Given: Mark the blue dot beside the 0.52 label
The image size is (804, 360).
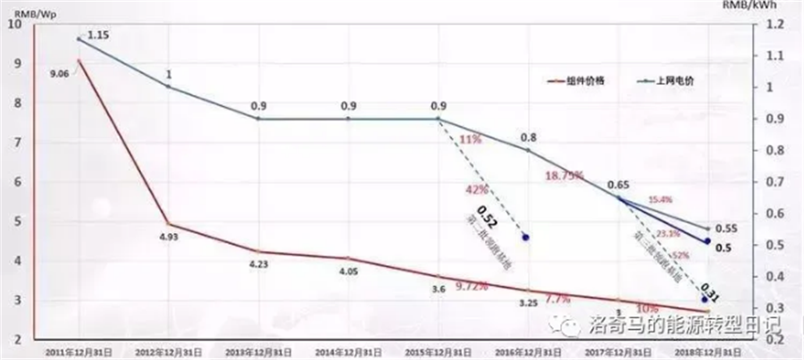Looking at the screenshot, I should [x=525, y=238].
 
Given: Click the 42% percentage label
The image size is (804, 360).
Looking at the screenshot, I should [x=475, y=189].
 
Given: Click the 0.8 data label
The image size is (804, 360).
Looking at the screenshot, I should [x=529, y=138].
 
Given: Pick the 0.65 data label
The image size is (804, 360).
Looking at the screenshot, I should [x=616, y=185].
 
